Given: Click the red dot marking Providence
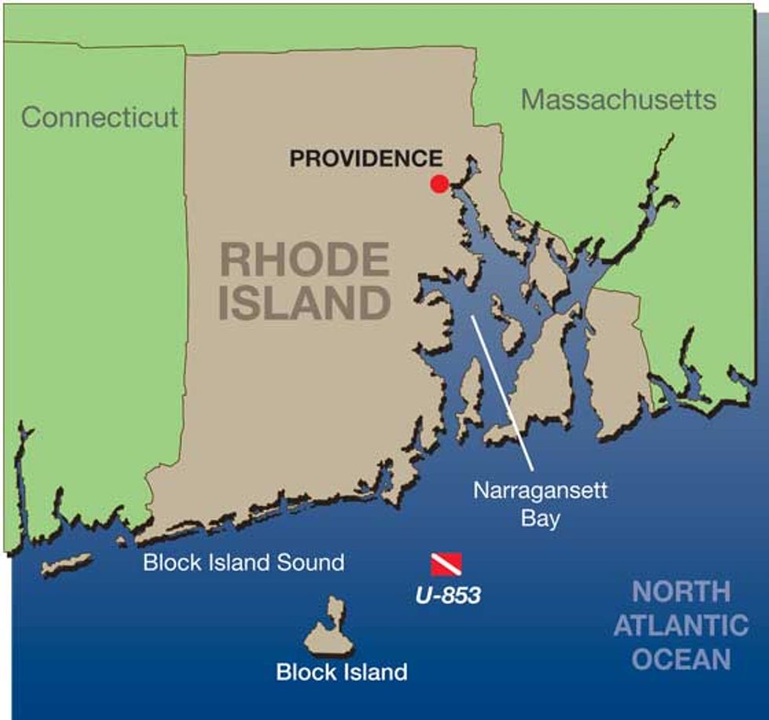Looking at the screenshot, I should pyautogui.click(x=439, y=184).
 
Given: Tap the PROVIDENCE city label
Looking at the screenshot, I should pyautogui.click(x=366, y=159).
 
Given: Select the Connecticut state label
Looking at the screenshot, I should pyautogui.click(x=100, y=118).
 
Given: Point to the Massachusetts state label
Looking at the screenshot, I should pyautogui.click(x=619, y=100).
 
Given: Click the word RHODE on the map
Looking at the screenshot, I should pyautogui.click(x=304, y=261).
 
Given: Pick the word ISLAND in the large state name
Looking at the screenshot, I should pyautogui.click(x=304, y=303).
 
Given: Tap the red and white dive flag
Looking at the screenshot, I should pyautogui.click(x=446, y=564).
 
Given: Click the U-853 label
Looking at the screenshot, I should pyautogui.click(x=447, y=596).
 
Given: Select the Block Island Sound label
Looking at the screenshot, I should pyautogui.click(x=243, y=562).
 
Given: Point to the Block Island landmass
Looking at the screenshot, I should pyautogui.click(x=330, y=633).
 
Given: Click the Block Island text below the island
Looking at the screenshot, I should pyautogui.click(x=341, y=672).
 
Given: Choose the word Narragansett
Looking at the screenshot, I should pyautogui.click(x=541, y=492).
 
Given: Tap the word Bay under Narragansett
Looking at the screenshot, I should pyautogui.click(x=541, y=519).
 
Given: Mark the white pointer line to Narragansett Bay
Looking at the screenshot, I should pyautogui.click(x=502, y=393).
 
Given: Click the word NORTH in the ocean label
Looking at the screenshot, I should pyautogui.click(x=681, y=592).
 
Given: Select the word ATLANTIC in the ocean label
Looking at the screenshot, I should pyautogui.click(x=681, y=626).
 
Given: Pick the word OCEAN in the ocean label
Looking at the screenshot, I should pyautogui.click(x=681, y=660).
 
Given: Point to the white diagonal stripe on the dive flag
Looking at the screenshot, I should pyautogui.click(x=446, y=564).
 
